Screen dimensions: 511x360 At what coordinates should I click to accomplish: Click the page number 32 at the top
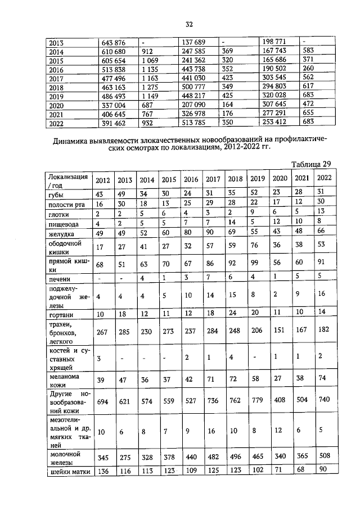pyautogui.click(x=189, y=24)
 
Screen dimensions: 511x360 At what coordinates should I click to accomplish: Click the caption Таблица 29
pyautogui.click(x=310, y=164)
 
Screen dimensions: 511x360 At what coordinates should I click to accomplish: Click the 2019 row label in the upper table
pyautogui.click(x=57, y=96)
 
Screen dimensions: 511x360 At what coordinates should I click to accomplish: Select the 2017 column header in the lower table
pyautogui.click(x=213, y=180)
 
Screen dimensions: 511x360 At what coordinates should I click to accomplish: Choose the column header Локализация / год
pyautogui.click(x=67, y=180)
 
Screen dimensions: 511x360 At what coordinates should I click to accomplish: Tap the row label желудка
pyautogui.click(x=61, y=233)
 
